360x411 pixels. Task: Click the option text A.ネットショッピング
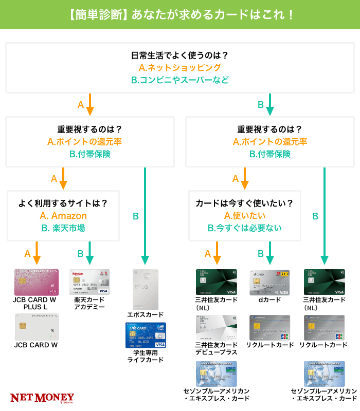[x=179, y=67]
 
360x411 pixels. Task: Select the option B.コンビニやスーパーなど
[x=179, y=80]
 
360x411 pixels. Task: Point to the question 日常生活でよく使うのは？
[x=179, y=55]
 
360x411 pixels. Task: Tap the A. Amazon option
[x=63, y=216]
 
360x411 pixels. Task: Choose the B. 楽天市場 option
[x=63, y=228]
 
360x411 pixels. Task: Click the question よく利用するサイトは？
[x=63, y=203]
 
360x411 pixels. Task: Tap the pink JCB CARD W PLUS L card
[x=37, y=282]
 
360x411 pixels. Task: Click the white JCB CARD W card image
[x=37, y=327]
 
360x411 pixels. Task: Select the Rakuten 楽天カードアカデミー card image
[x=89, y=282]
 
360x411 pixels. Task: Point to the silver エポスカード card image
[x=146, y=288]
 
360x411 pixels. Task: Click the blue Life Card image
[x=146, y=335]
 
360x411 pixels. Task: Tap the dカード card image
[x=269, y=282]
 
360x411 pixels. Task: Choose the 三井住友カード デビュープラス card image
[x=217, y=327]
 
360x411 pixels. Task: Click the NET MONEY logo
[x=42, y=398]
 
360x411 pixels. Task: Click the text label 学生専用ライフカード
[x=146, y=356]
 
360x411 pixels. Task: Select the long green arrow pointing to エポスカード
[x=146, y=216]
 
